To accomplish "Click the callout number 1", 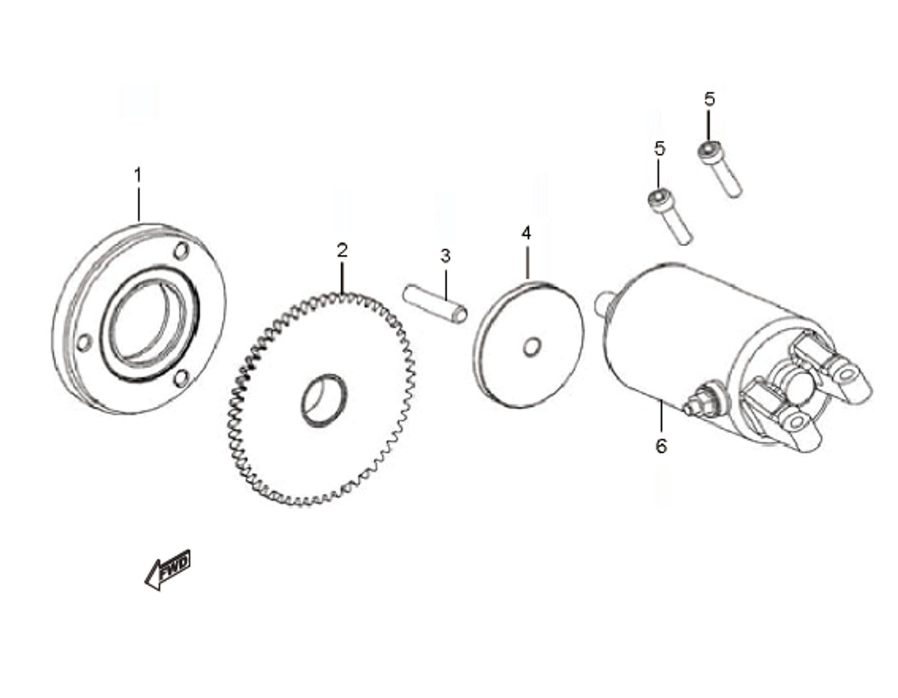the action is pyautogui.click(x=138, y=175).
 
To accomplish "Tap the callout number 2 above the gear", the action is pyautogui.click(x=342, y=250).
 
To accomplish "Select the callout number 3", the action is pyautogui.click(x=445, y=256).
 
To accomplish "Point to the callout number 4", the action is pyautogui.click(x=526, y=233).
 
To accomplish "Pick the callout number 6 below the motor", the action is pyautogui.click(x=661, y=446).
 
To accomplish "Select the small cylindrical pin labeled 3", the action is pyautogui.click(x=435, y=303).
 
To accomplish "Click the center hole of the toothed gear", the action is pyautogui.click(x=324, y=399).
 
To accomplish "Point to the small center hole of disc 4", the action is pyautogui.click(x=532, y=347).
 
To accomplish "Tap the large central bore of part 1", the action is pyautogui.click(x=147, y=323).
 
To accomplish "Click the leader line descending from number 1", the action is pyautogui.click(x=139, y=204).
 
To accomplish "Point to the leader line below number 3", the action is pyautogui.click(x=446, y=284).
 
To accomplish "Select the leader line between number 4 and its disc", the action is pyautogui.click(x=527, y=263).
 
